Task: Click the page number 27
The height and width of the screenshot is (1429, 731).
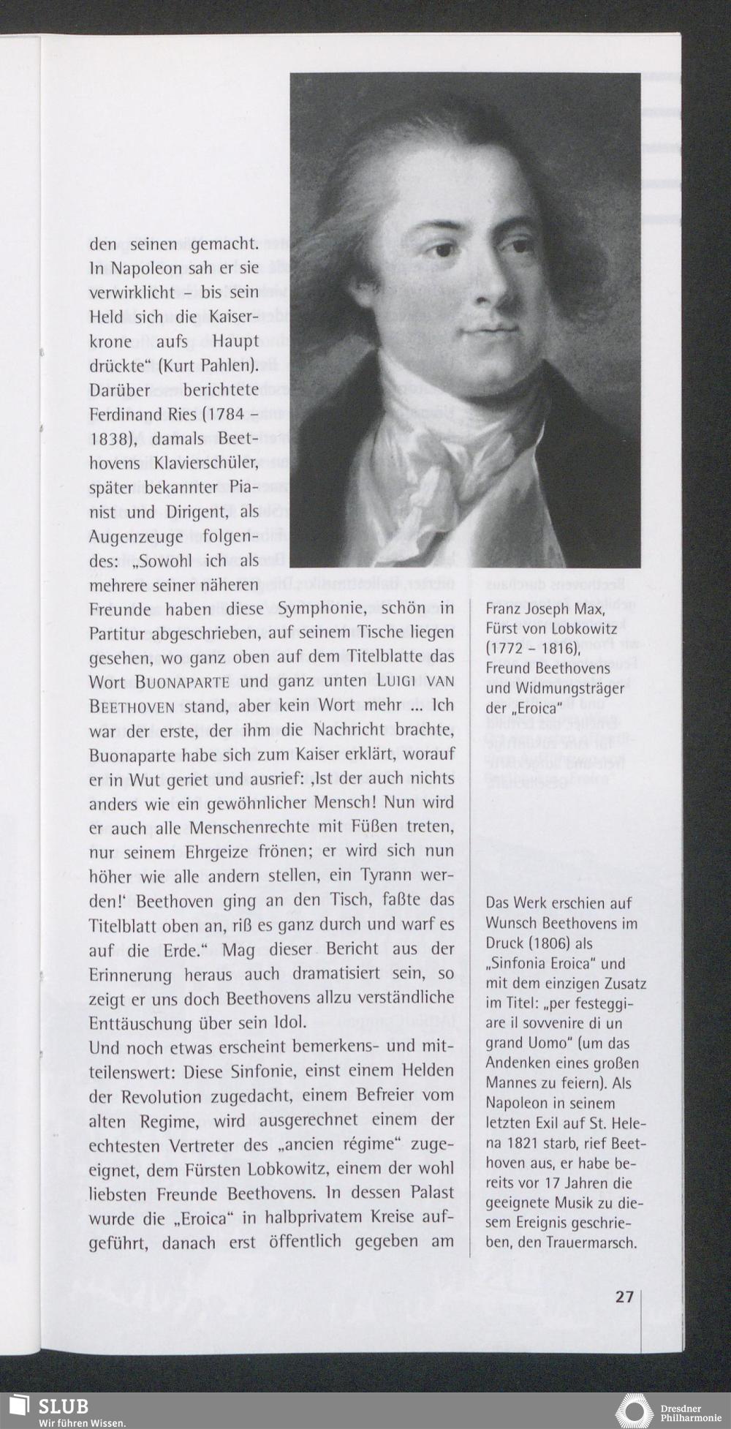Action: (624, 1297)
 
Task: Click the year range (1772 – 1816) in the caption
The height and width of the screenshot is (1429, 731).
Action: (533, 648)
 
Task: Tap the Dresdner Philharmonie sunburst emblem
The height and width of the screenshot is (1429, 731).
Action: (635, 1411)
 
